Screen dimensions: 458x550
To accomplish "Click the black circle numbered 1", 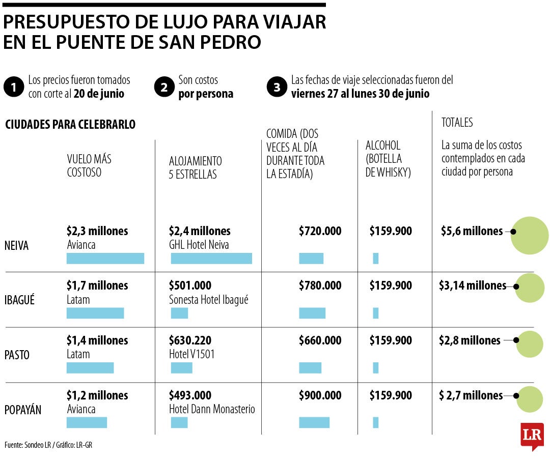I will pyautogui.click(x=13, y=88).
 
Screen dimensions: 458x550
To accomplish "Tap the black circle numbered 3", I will pyautogui.click(x=277, y=88).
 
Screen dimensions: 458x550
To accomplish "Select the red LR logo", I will pyautogui.click(x=532, y=436).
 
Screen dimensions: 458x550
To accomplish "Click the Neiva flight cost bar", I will pyautogui.click(x=105, y=259).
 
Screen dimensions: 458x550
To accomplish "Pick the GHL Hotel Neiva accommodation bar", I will pyautogui.click(x=211, y=259).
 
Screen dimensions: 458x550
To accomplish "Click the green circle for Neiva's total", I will pyautogui.click(x=530, y=235).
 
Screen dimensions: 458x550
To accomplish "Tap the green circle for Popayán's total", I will pyautogui.click(x=530, y=399).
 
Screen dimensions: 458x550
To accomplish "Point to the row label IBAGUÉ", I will pyautogui.click(x=19, y=300).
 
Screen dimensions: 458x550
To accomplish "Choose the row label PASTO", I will pyautogui.click(x=17, y=355).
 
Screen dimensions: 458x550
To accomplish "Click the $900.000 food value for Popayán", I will pyautogui.click(x=320, y=395).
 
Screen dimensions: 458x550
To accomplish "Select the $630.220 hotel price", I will pyautogui.click(x=190, y=340).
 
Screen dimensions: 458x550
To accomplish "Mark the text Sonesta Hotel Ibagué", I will pyautogui.click(x=209, y=300).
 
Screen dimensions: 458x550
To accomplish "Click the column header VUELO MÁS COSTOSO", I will pyautogui.click(x=89, y=166).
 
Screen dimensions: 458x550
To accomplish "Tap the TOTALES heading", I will pyautogui.click(x=457, y=123).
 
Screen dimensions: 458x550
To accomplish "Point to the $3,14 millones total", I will pyautogui.click(x=472, y=286).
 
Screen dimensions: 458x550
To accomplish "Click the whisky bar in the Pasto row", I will pyautogui.click(x=376, y=368).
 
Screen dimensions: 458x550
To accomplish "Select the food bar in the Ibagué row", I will pyautogui.click(x=312, y=313).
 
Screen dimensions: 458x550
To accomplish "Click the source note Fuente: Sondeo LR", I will pyautogui.click(x=48, y=445).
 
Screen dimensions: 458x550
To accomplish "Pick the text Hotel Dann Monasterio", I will pyautogui.click(x=212, y=409).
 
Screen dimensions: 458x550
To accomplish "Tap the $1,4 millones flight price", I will pyautogui.click(x=97, y=340).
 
